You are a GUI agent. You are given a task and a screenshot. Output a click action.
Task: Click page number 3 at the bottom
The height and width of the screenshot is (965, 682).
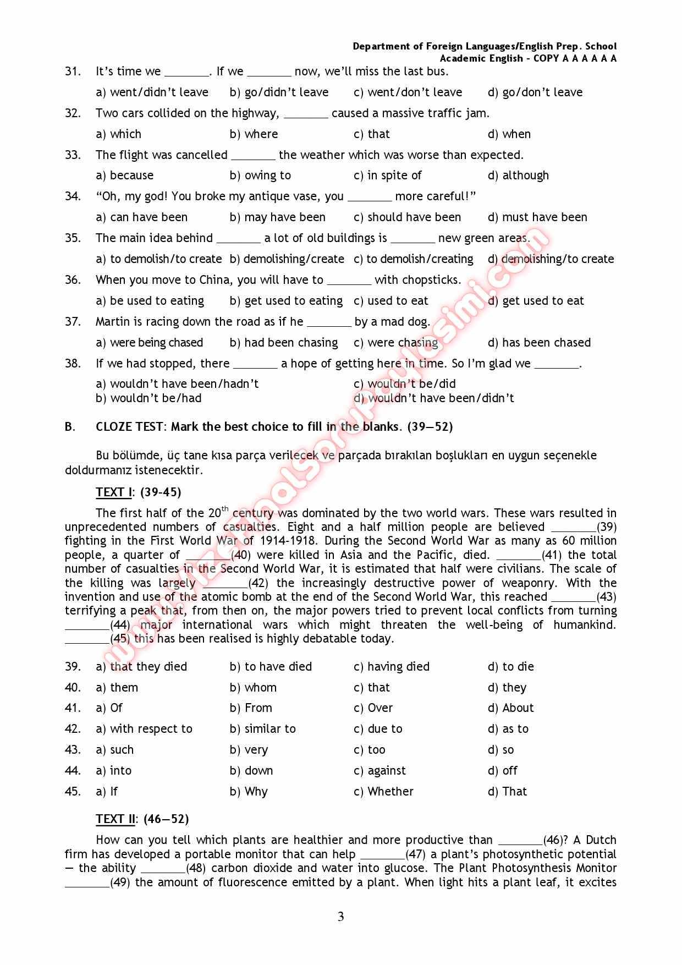(340, 917)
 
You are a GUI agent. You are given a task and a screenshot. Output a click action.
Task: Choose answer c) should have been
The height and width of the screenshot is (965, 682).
(407, 217)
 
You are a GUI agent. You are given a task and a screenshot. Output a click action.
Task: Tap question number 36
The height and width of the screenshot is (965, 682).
(73, 280)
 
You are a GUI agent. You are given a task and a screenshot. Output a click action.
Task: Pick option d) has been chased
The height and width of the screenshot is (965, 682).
(539, 343)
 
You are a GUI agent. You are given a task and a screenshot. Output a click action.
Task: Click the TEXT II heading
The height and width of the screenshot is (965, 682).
(115, 819)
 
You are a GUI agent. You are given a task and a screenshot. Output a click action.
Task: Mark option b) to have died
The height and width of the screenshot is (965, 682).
(271, 667)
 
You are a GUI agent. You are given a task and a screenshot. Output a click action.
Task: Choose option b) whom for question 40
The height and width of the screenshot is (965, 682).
(253, 688)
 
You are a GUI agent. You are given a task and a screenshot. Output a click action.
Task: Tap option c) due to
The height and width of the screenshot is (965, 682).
(378, 729)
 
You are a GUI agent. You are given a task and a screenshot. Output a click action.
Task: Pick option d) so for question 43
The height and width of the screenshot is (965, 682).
(501, 750)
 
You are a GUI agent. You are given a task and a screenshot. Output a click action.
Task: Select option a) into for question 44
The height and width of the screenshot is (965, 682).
(114, 771)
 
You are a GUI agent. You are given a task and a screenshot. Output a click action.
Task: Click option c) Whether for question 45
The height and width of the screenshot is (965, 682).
(383, 792)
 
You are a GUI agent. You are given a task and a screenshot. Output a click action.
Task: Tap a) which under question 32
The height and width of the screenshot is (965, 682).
(118, 134)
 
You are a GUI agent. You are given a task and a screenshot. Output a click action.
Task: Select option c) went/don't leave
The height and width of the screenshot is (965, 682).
(408, 92)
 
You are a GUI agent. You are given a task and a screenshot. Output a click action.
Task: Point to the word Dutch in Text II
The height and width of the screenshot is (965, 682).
(601, 840)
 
